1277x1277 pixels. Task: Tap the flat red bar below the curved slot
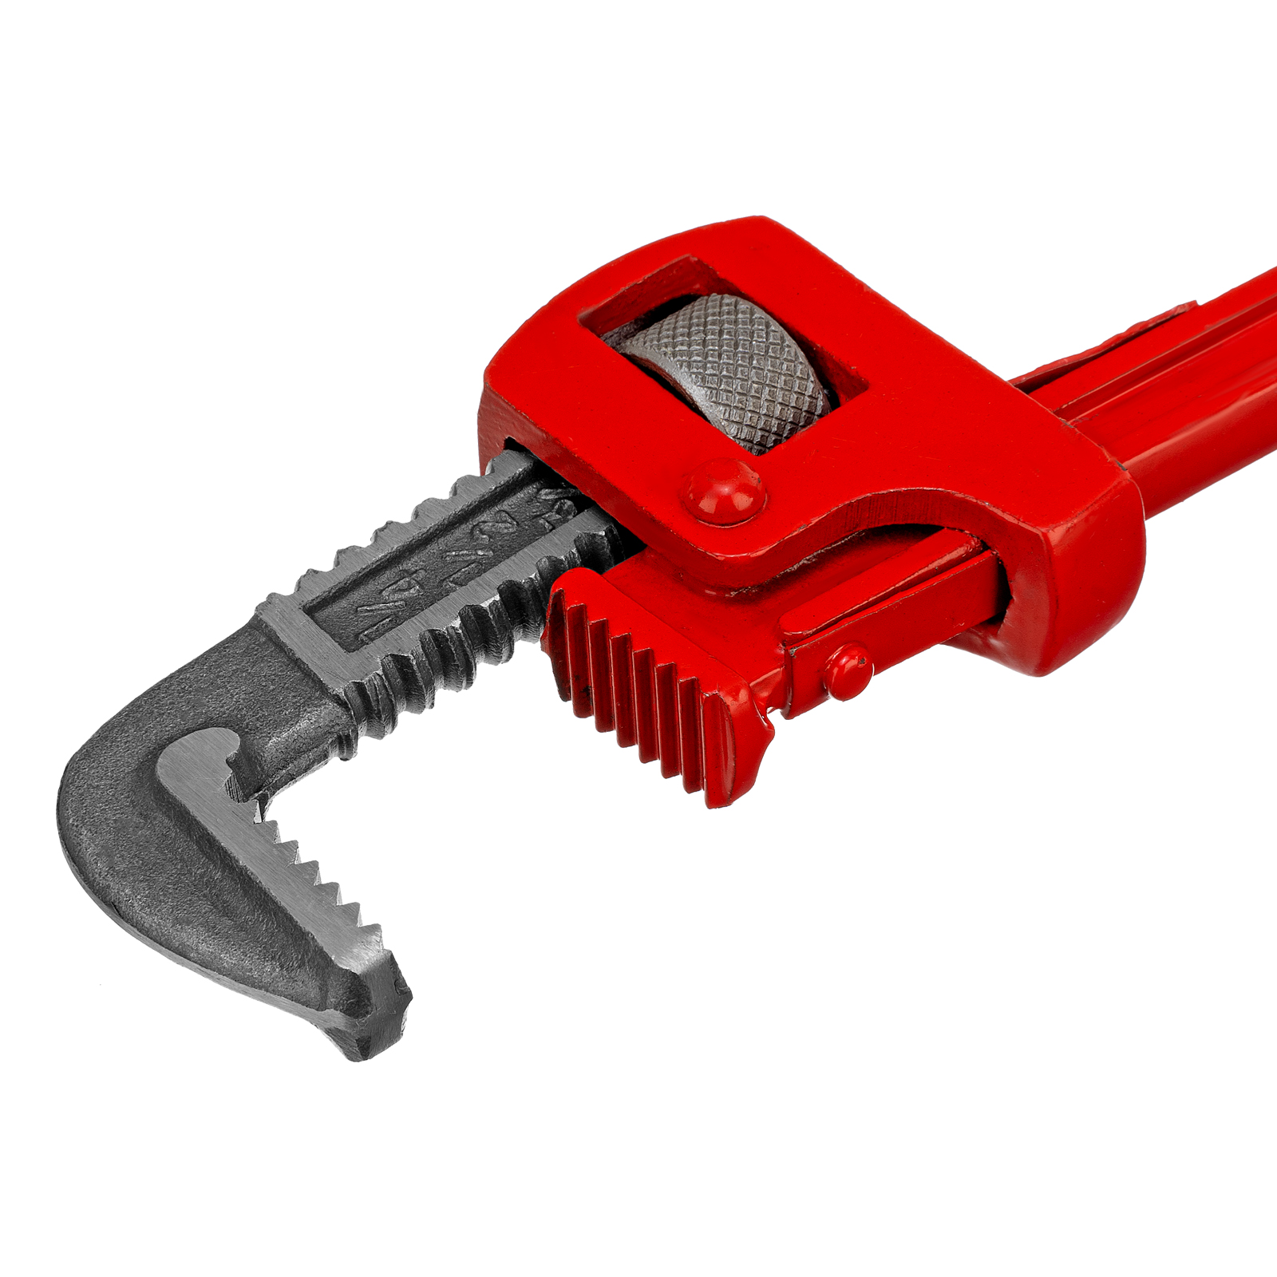(x=886, y=599)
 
